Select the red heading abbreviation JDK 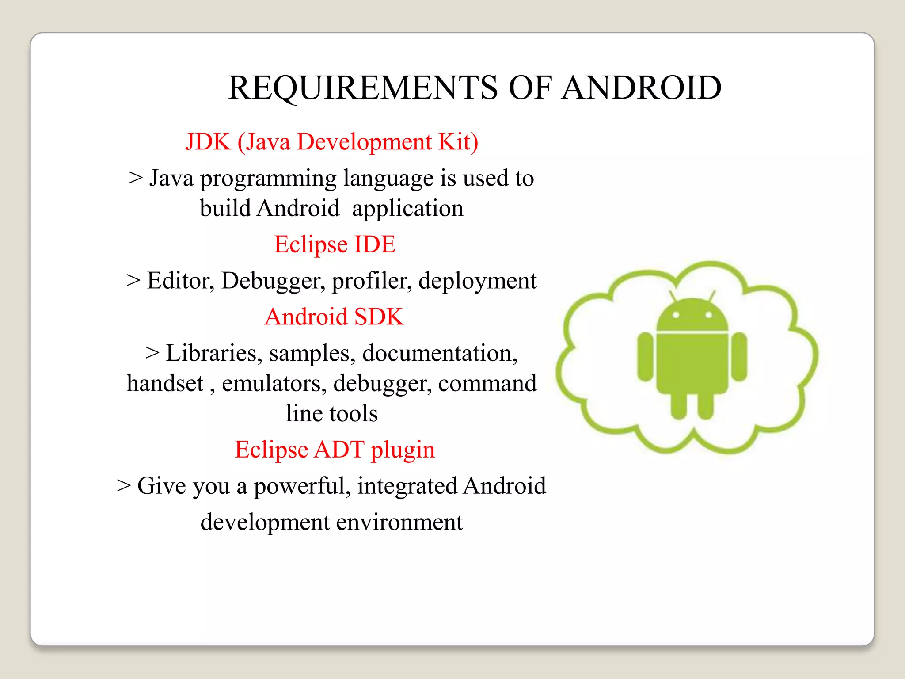(208, 142)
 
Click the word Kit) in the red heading (458, 142)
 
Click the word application (407, 209)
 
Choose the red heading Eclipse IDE (335, 244)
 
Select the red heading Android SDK (334, 317)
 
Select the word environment (399, 523)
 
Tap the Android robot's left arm (646, 356)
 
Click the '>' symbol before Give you (124, 486)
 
